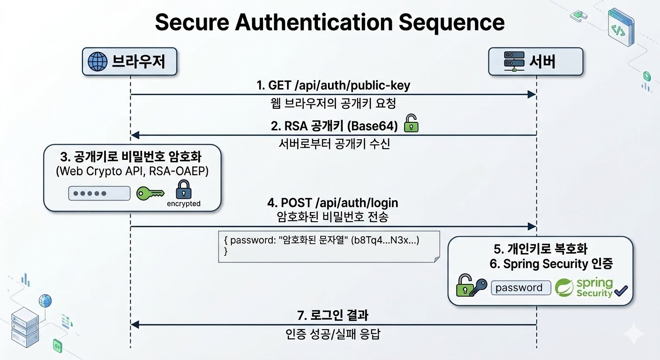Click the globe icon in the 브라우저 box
click(x=97, y=62)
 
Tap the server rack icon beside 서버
click(x=514, y=61)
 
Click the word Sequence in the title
click(x=451, y=22)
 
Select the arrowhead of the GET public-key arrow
click(x=532, y=95)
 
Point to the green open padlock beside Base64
click(x=411, y=123)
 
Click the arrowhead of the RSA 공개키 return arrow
click(x=135, y=135)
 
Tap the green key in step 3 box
click(x=150, y=194)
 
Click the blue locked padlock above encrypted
click(x=184, y=189)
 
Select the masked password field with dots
click(x=99, y=193)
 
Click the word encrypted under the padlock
click(x=184, y=203)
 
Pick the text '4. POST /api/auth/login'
click(x=333, y=203)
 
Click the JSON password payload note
click(x=329, y=247)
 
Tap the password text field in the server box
click(x=521, y=288)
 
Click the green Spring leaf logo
click(x=564, y=287)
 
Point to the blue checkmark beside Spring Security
click(x=621, y=291)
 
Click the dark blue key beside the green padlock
click(x=479, y=287)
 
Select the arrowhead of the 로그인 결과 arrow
click(x=135, y=325)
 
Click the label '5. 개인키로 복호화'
click(x=540, y=249)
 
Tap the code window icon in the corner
click(x=621, y=27)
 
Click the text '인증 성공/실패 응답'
click(x=333, y=334)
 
